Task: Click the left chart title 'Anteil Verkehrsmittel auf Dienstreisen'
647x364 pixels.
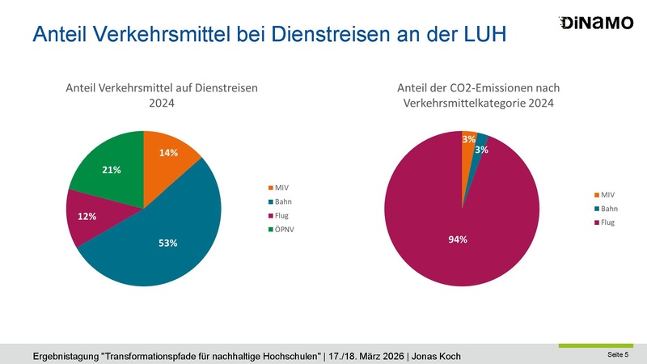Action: (x=161, y=88)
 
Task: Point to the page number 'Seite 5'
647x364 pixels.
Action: (x=618, y=355)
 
